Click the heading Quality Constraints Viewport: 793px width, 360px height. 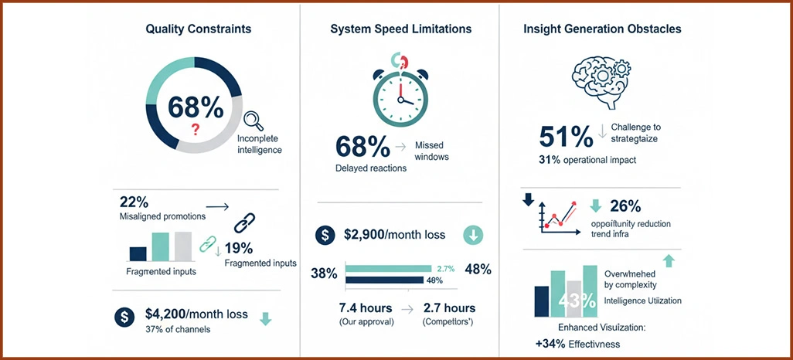coord(198,29)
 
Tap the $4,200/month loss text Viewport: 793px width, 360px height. coord(196,314)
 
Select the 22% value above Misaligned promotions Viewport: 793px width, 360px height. coord(134,202)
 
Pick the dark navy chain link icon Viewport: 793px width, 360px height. coord(244,224)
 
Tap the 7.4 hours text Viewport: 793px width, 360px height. coord(366,308)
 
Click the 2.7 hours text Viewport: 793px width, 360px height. coord(449,308)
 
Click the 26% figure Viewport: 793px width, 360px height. coord(625,206)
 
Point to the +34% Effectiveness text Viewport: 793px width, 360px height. coord(577,344)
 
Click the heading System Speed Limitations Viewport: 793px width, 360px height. coord(400,29)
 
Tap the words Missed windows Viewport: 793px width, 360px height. coord(431,151)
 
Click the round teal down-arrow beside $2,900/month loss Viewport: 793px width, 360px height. coord(473,235)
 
